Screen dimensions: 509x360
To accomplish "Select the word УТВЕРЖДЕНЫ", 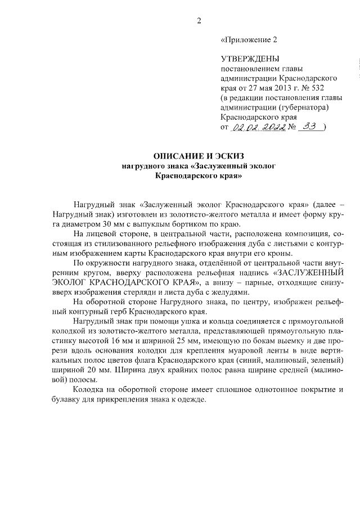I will tap(250, 58).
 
